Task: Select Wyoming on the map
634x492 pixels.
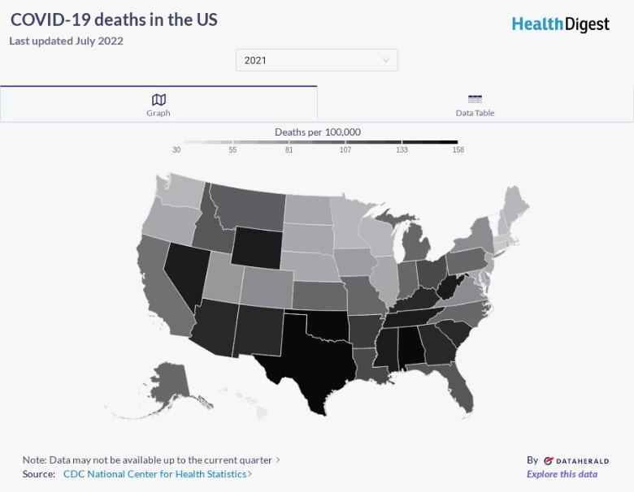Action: tap(258, 246)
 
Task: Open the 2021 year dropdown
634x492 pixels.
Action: tap(317, 60)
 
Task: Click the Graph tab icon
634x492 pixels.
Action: tap(158, 99)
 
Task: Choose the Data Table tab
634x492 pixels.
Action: tap(475, 105)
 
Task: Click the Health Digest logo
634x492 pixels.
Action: tap(560, 24)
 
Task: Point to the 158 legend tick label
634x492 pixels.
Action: tap(458, 150)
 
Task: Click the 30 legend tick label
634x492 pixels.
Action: tap(176, 150)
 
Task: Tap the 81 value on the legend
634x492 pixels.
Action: tap(289, 150)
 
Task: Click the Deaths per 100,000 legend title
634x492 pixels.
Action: tap(317, 132)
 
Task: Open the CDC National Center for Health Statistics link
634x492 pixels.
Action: tap(154, 474)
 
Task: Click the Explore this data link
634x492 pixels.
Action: tap(562, 474)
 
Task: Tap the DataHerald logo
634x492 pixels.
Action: tap(576, 460)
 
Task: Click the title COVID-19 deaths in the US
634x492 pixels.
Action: tap(114, 19)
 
